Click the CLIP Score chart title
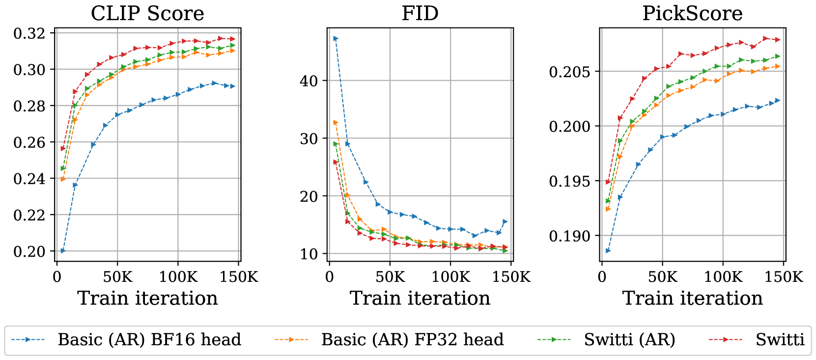click(x=147, y=13)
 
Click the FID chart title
click(x=420, y=13)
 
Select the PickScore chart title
click(x=692, y=13)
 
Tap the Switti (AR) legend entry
click(x=629, y=340)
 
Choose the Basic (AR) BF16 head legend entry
click(x=149, y=340)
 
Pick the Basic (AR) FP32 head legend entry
click(x=412, y=340)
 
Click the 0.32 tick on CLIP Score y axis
click(x=29, y=33)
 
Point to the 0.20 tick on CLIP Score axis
click(x=29, y=251)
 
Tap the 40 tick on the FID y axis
click(x=309, y=81)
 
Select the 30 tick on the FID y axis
click(x=309, y=138)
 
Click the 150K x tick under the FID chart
click(x=511, y=277)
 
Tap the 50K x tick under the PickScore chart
click(x=663, y=277)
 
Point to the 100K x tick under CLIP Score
click(x=178, y=277)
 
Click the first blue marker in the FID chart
click(x=336, y=38)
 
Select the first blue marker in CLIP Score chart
click(x=63, y=250)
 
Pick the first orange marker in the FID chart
click(x=336, y=122)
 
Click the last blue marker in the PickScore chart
click(x=778, y=100)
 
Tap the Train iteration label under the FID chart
click(x=420, y=298)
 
